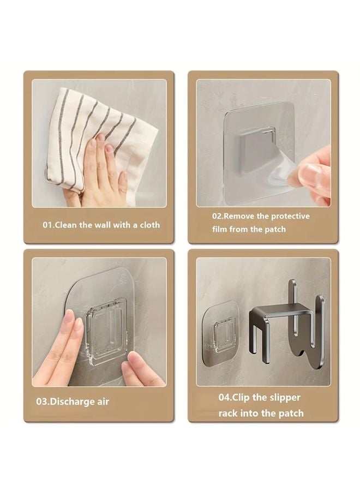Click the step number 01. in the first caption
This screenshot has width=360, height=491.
[x=49, y=225]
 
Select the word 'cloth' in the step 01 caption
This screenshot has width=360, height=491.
[x=149, y=225]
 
